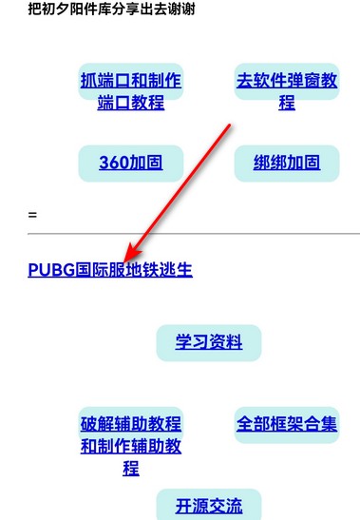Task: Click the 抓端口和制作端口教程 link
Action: pyautogui.click(x=130, y=91)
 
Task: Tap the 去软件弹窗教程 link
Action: pyautogui.click(x=287, y=91)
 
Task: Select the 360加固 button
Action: pyautogui.click(x=130, y=163)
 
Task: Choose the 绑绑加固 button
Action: pyautogui.click(x=287, y=163)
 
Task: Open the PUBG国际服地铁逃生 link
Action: pyautogui.click(x=110, y=269)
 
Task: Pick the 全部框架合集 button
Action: pyautogui.click(x=287, y=424)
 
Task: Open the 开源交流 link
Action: pyautogui.click(x=208, y=505)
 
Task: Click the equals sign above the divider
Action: pyautogui.click(x=32, y=215)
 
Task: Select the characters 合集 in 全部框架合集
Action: pyautogui.click(x=320, y=424)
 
